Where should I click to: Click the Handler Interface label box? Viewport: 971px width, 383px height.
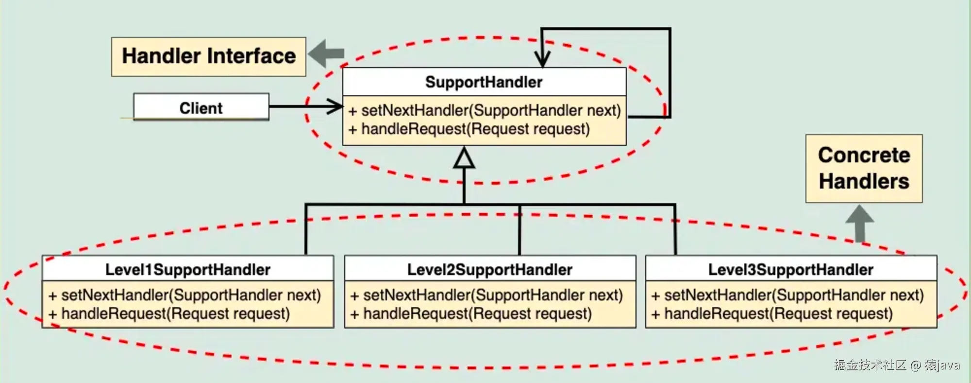[x=209, y=56]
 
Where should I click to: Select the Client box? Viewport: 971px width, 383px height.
[x=201, y=107]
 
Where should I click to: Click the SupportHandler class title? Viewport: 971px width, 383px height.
[x=484, y=82]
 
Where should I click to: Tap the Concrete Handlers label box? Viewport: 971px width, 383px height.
[x=864, y=168]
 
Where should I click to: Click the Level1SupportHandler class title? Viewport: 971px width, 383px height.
[x=187, y=269]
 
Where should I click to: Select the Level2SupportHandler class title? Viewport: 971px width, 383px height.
[x=489, y=269]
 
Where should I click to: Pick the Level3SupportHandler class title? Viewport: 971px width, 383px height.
[x=790, y=269]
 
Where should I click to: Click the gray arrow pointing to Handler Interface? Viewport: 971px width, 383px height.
[x=326, y=53]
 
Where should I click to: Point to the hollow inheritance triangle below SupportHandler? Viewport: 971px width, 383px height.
[x=464, y=159]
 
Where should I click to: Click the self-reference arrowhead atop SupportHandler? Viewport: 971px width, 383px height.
[x=542, y=59]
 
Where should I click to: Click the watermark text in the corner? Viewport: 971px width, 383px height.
[x=896, y=365]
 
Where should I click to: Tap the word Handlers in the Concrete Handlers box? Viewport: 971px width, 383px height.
[x=864, y=181]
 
